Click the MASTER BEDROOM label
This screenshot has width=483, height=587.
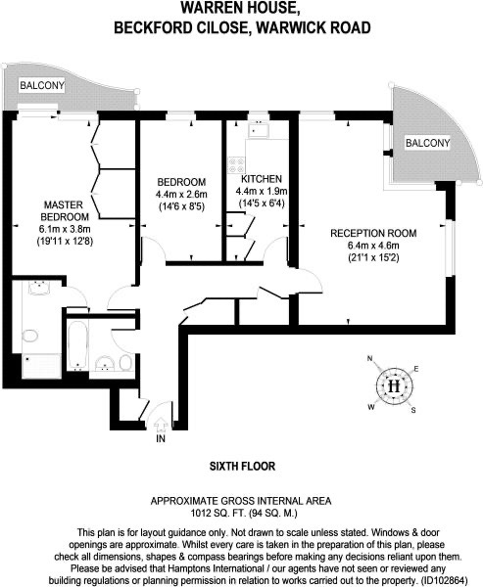pos(65,210)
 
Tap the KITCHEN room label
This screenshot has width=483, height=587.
pos(262,179)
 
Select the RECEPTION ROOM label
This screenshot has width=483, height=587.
pos(373,233)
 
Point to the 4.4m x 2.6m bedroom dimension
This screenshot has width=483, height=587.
pos(181,195)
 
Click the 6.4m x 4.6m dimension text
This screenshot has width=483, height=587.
pos(373,246)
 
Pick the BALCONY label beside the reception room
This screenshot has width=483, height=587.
pos(427,143)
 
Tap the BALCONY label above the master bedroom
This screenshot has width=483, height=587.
pos(42,85)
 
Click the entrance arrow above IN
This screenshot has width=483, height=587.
pos(161,425)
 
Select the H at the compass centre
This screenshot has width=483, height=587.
pos(394,386)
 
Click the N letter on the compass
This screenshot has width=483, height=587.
pos(370,359)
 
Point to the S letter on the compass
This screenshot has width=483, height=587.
pos(413,410)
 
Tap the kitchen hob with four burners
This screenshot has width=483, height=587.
pos(236,164)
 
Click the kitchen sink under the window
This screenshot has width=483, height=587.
pos(259,130)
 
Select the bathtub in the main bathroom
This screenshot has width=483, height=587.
pos(78,344)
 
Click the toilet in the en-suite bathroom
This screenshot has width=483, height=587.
pos(29,336)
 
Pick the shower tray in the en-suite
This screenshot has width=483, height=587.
pos(41,366)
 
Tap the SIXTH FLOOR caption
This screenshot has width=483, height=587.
pos(242,466)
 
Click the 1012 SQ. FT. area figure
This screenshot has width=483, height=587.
pos(217,513)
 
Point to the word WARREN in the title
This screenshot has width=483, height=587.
pos(211,8)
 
